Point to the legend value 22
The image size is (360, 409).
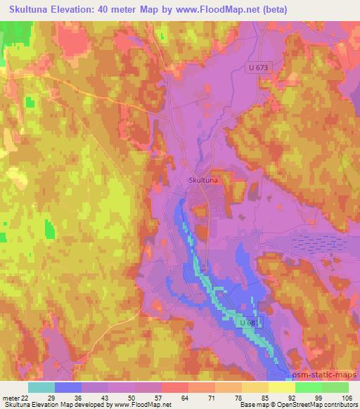pos(27,397)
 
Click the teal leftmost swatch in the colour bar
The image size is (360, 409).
pos(41,387)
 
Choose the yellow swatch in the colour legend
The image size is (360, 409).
pos(282,387)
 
